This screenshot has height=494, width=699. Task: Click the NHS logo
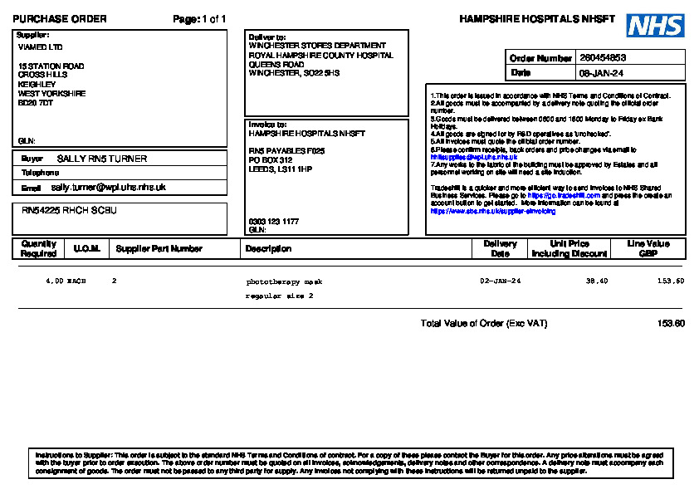click(655, 26)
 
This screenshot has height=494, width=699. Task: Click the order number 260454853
click(603, 58)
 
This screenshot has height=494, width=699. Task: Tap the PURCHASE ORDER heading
click(59, 19)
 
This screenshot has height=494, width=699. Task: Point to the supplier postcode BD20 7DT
click(36, 103)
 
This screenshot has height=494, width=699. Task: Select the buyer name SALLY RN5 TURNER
click(102, 158)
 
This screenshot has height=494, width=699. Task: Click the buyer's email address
click(108, 188)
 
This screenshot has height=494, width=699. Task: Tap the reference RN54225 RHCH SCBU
click(69, 211)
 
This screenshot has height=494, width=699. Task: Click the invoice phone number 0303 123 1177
click(274, 222)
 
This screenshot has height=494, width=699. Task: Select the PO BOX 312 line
click(271, 159)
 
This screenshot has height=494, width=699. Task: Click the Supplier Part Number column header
click(159, 248)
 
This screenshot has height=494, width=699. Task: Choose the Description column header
click(268, 248)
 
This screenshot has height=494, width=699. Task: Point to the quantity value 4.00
click(54, 281)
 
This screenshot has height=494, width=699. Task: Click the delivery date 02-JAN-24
click(501, 281)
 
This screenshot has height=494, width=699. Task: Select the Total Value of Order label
click(484, 323)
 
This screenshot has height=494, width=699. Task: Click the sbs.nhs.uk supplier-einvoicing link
click(493, 212)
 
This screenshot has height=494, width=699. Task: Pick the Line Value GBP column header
click(648, 248)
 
